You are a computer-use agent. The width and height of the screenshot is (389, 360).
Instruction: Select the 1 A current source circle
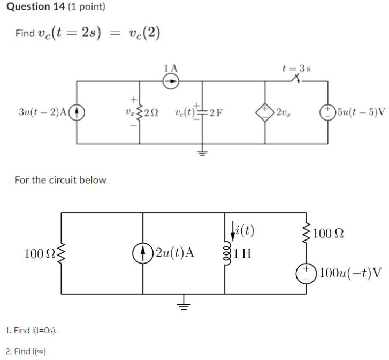point(171,81)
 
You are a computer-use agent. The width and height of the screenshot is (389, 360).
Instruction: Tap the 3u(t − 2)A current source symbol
point(77,112)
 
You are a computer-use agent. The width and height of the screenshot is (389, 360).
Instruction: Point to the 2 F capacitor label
point(216,112)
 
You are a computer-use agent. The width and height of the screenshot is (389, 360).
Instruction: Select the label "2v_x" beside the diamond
point(283,112)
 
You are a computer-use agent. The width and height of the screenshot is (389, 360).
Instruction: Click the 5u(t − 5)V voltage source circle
point(326,112)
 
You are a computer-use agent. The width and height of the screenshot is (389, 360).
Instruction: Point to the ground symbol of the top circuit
point(203,151)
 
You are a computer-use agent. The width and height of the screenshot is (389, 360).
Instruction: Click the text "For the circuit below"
point(60,180)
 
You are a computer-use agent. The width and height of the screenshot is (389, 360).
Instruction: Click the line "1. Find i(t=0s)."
point(31,331)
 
